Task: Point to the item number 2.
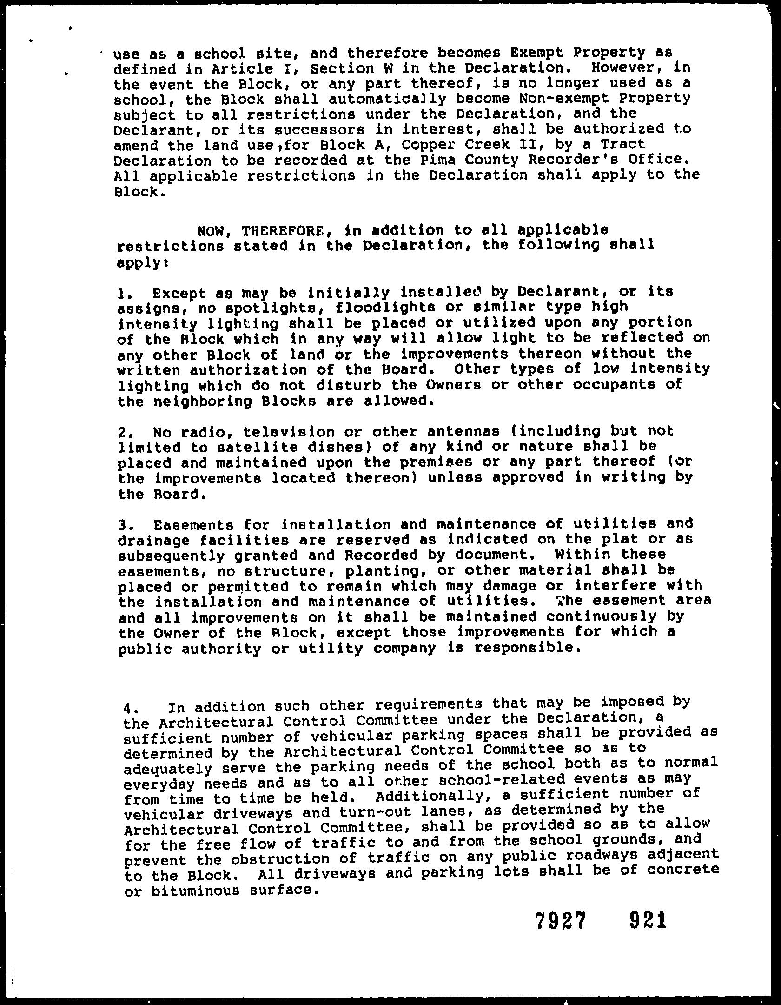[x=123, y=432]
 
